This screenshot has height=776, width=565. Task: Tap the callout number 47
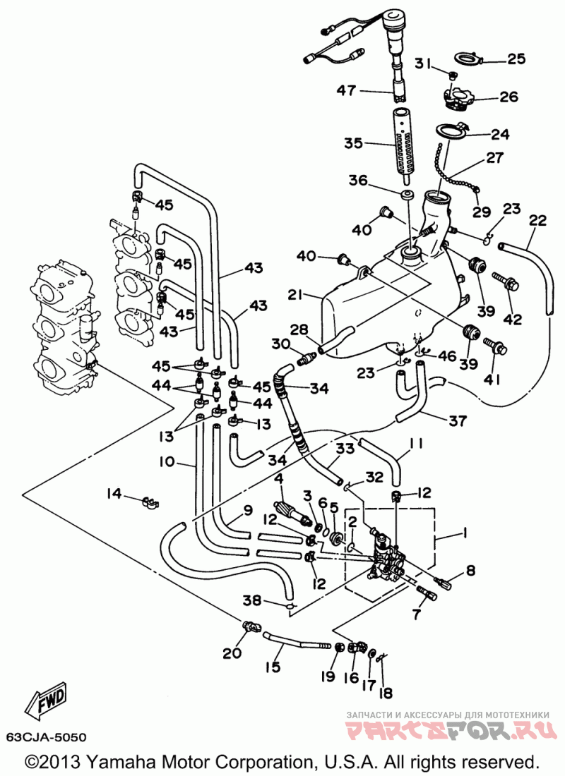346,90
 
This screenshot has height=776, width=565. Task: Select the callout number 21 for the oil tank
295,295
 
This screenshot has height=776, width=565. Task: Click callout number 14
114,493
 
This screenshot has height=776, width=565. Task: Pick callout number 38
251,601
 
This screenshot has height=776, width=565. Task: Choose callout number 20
232,653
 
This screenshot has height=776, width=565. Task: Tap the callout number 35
354,143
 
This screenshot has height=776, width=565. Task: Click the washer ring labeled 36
407,194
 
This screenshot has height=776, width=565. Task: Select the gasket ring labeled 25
468,58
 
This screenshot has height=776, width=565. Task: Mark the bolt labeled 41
494,344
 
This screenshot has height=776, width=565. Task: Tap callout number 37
458,420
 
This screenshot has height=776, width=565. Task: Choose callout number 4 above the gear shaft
280,478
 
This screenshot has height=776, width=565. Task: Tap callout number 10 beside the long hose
167,462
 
